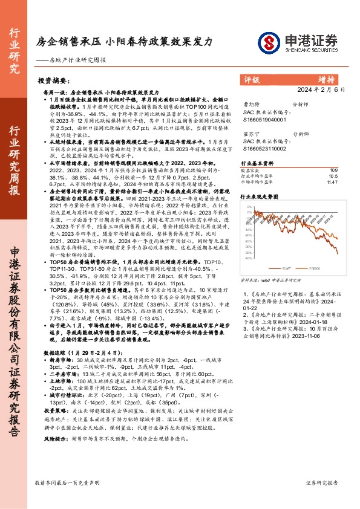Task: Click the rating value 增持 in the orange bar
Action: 327,79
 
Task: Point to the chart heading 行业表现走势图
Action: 263,197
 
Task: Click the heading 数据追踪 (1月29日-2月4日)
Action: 71,351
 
